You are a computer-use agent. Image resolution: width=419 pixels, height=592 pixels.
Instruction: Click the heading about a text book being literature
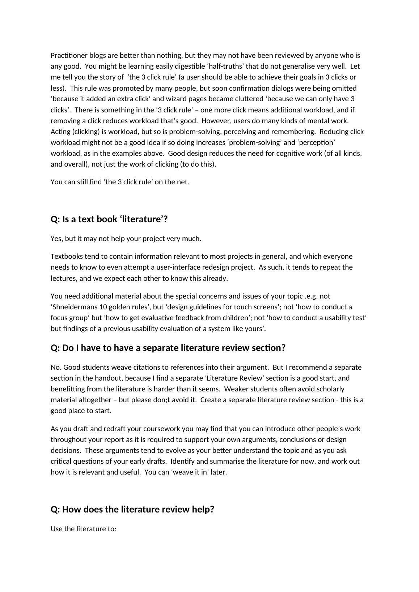tap(109, 219)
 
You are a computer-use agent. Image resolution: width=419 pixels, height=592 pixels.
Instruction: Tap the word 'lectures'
tap(64, 278)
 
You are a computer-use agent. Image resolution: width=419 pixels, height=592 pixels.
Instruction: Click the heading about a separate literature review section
tap(168, 348)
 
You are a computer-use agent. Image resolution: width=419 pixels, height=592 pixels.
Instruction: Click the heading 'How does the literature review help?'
tap(132, 509)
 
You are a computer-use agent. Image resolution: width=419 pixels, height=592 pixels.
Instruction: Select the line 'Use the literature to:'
tap(83, 529)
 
